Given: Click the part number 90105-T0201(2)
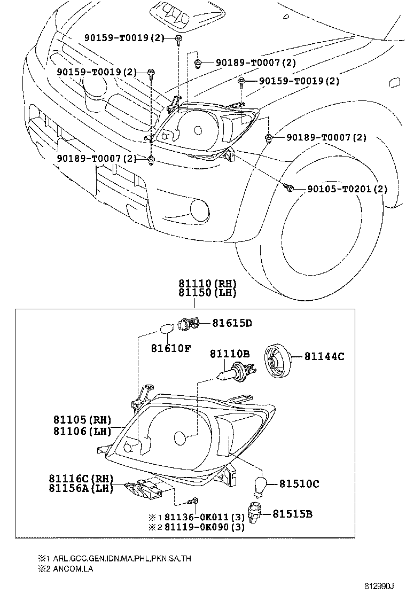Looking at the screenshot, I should pos(347,189).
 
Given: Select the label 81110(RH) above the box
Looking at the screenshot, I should pos(207,284).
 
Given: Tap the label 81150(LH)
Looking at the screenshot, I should pos(207,293).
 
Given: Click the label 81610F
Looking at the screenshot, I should pos(170,348).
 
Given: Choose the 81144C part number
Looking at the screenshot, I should pos(324,356).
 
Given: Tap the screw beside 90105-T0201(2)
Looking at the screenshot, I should pos(290,187).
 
